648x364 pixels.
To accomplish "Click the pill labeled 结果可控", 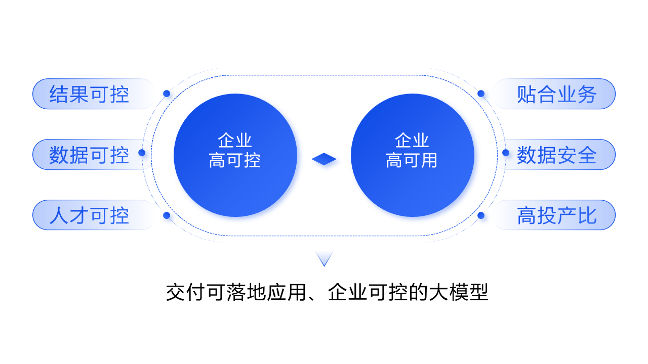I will (x=89, y=94).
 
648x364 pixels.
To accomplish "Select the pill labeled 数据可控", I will (x=89, y=155).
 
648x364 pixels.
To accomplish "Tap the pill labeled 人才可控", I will (x=89, y=215).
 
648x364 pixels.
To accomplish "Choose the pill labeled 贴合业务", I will (x=557, y=94).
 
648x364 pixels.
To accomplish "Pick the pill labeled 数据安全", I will (x=557, y=155).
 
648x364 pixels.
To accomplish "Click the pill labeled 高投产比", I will (x=557, y=215).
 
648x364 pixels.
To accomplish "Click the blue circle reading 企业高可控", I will (x=235, y=155).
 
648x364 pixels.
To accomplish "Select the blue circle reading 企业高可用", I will (x=412, y=155).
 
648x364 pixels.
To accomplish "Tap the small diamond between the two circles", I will (x=324, y=159).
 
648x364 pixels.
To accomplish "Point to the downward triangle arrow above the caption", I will (x=324, y=258).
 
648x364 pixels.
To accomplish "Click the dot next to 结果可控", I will (x=167, y=94).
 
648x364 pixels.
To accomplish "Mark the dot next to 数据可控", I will (x=142, y=153).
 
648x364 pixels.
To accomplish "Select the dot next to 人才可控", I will (x=167, y=215).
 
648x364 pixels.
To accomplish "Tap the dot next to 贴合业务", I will (x=481, y=94).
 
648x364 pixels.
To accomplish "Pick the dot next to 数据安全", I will (x=506, y=153).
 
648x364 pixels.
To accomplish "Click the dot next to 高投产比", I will (x=481, y=215).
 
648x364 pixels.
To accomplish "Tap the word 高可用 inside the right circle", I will (x=412, y=161).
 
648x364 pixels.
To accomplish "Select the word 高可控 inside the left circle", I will (x=235, y=161).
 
